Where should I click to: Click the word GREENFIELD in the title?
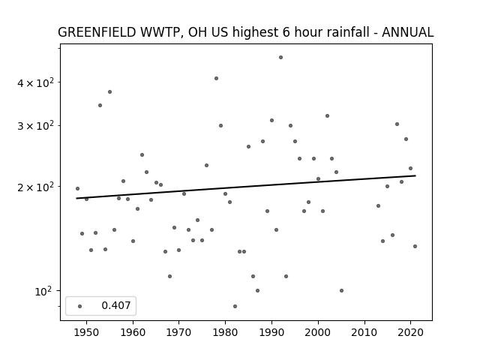pyautogui.click(x=97, y=32)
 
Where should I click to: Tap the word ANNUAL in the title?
pyautogui.click(x=407, y=32)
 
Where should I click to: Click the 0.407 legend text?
pyautogui.click(x=116, y=305)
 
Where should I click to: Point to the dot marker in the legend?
pyautogui.click(x=80, y=306)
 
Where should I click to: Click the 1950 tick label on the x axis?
pyautogui.click(x=87, y=332)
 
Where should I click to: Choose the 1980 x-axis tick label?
pyautogui.click(x=225, y=332)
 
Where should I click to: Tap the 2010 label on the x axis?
pyautogui.click(x=364, y=332)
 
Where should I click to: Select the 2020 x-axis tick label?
pyautogui.click(x=410, y=332)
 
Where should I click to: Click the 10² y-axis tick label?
pyautogui.click(x=43, y=291)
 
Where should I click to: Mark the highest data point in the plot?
pyautogui.click(x=280, y=58)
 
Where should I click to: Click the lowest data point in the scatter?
pyautogui.click(x=235, y=307)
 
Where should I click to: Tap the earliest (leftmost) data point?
pyautogui.click(x=77, y=188)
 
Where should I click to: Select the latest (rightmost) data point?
pyautogui.click(x=415, y=247)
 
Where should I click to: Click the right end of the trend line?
pyautogui.click(x=415, y=175)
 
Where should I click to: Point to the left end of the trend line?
pyautogui.click(x=76, y=198)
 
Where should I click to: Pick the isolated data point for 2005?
pyautogui.click(x=342, y=291)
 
